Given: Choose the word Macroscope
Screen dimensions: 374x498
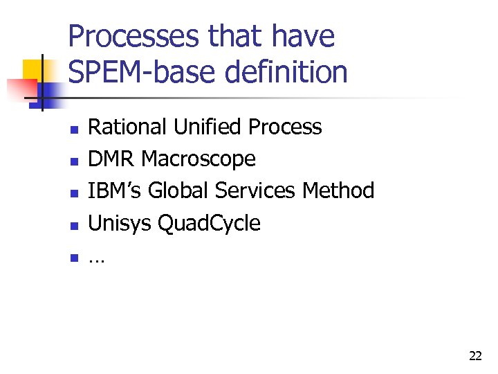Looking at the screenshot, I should coord(199,159).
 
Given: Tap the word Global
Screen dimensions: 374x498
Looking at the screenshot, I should coord(177,190).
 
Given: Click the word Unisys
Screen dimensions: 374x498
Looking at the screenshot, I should coord(120,223).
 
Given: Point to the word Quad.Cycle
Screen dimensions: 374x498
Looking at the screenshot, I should coord(210,224).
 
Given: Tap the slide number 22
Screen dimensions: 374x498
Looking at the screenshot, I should coord(475,356).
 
